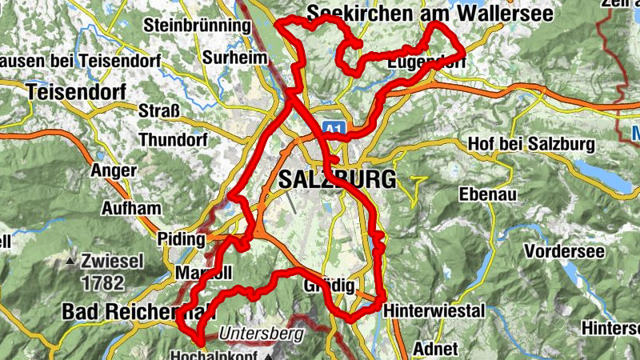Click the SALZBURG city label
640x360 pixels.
[337, 179]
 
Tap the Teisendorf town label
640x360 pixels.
[76, 91]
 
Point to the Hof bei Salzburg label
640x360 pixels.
[530, 145]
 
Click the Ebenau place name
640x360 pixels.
[488, 194]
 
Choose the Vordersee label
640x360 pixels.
[562, 250]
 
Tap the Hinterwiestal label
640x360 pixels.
[434, 310]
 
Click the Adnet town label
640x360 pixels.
[436, 349]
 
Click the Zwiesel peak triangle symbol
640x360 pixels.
[71, 262]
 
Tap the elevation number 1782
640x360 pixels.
[102, 282]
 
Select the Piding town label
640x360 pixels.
[182, 240]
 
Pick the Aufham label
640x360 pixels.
[131, 208]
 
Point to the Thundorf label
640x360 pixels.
[173, 140]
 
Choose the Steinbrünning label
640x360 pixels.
[198, 26]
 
